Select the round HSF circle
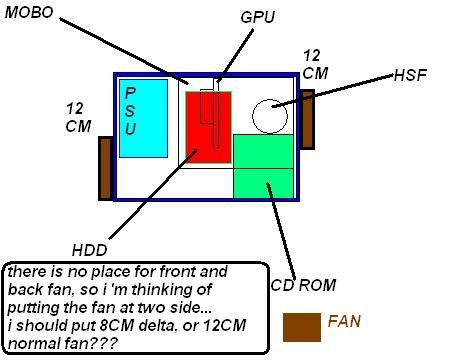click(x=270, y=116)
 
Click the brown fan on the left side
click(x=105, y=168)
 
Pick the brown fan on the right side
click(x=308, y=119)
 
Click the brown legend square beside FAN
click(x=301, y=325)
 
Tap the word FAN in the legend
click(x=343, y=322)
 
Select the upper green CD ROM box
click(x=263, y=151)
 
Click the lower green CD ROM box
click(x=263, y=183)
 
